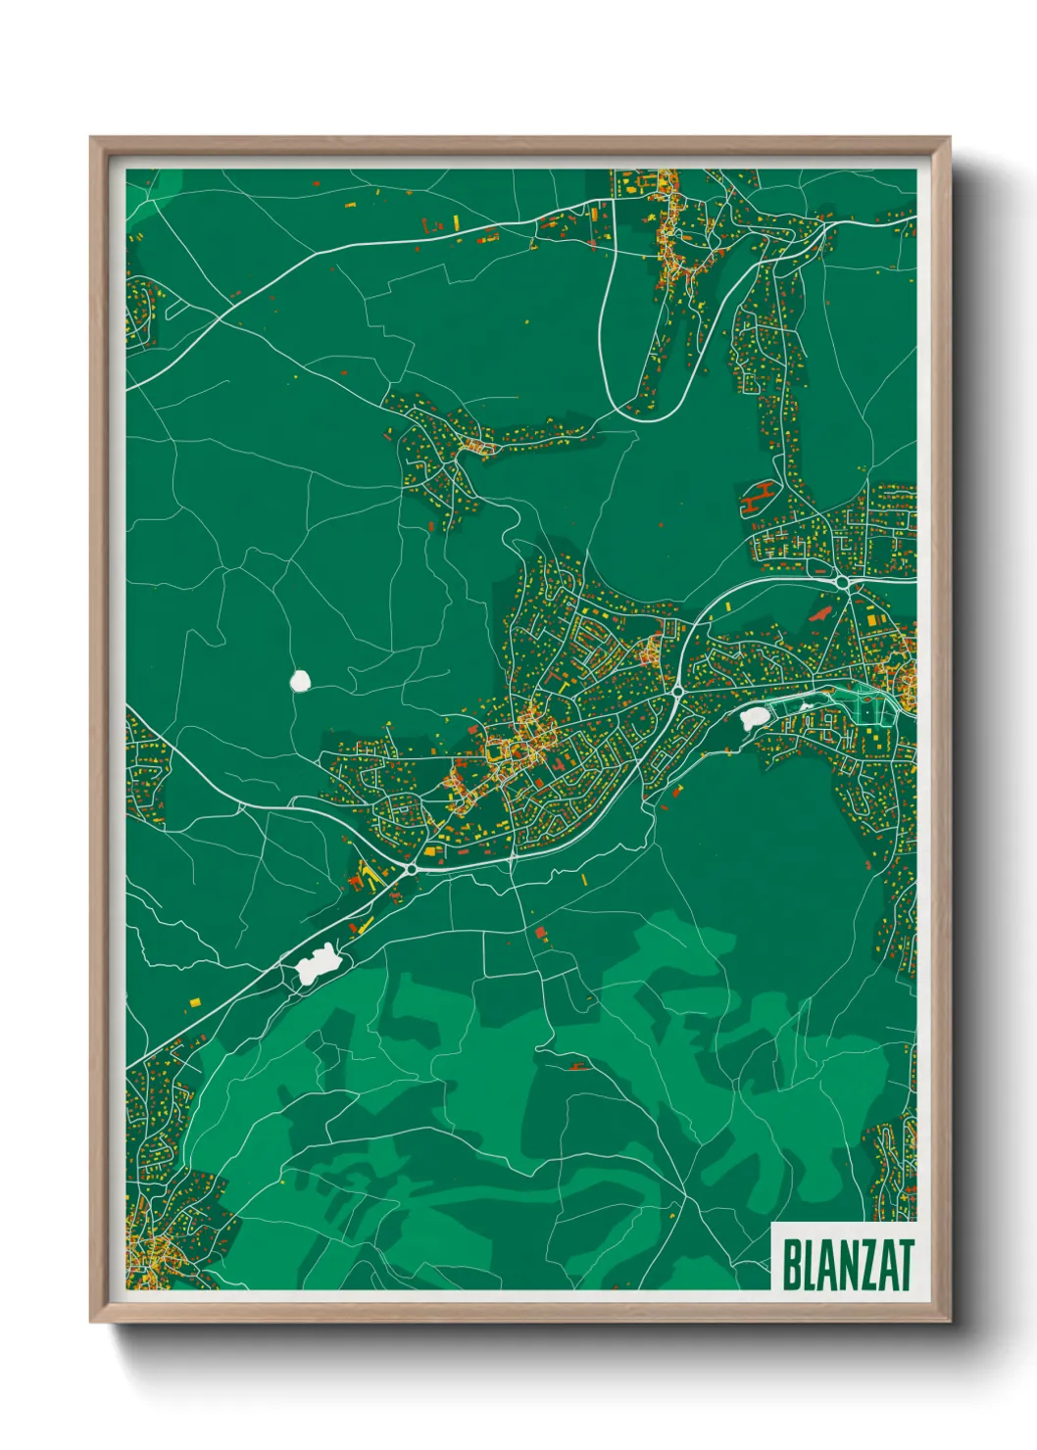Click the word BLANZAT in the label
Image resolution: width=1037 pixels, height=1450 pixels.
[x=848, y=1265]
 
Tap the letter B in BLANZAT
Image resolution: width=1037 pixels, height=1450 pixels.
[x=791, y=1265]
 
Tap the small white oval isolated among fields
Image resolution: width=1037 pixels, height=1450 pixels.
[x=300, y=680]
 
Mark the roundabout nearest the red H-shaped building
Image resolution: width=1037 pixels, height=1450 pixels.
[x=843, y=582]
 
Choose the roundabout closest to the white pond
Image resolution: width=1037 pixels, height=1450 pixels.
[x=677, y=693]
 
